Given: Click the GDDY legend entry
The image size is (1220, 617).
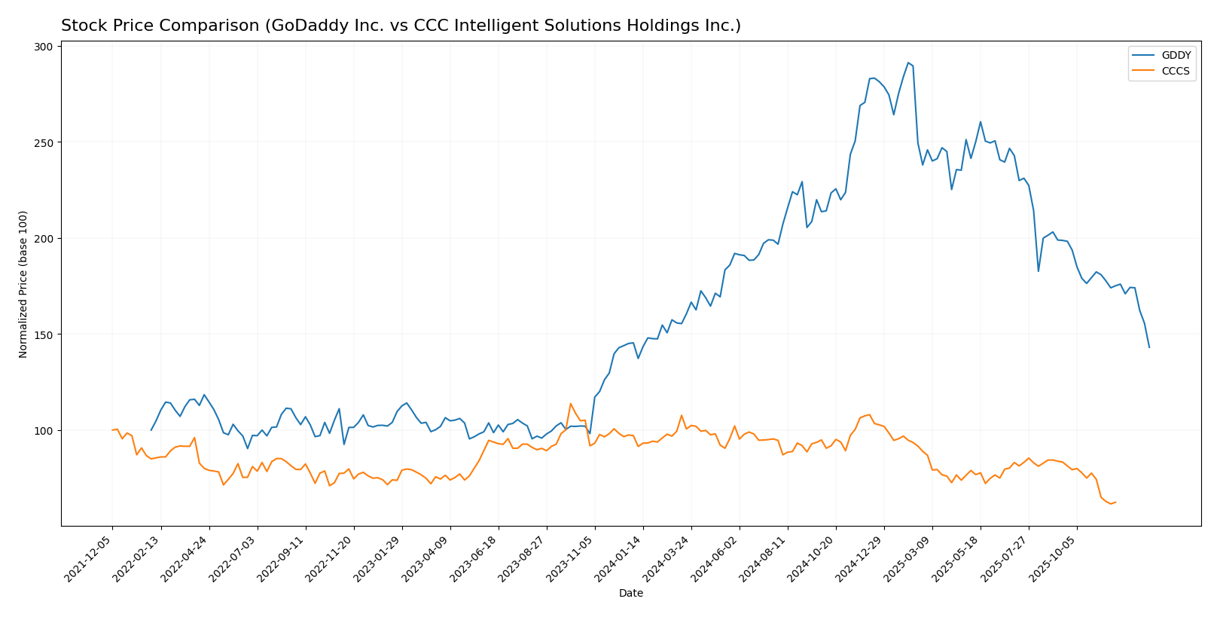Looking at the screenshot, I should coord(1176,56).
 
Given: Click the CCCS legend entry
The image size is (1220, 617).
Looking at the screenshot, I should coord(1176,72).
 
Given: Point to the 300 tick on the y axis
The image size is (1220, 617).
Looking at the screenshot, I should coord(44,47).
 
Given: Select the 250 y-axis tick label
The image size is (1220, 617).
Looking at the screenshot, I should coord(44,142).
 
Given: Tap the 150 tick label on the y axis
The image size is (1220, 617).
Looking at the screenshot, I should coord(44,334).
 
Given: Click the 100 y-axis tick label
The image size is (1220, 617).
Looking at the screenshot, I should coord(44,431).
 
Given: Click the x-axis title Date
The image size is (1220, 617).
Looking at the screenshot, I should coord(631,594).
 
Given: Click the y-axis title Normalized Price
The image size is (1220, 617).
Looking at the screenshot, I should coord(23,284).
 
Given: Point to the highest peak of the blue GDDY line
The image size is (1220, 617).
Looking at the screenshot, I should coord(908,63).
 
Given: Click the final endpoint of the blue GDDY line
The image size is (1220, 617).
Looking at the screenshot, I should coord(1149,347).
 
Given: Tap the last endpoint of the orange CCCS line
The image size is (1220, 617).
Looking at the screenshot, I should coord(1115,502).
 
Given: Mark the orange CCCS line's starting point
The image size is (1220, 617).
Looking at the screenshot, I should coord(112,430).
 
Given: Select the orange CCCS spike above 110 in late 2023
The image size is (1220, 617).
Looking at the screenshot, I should coord(571,404).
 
